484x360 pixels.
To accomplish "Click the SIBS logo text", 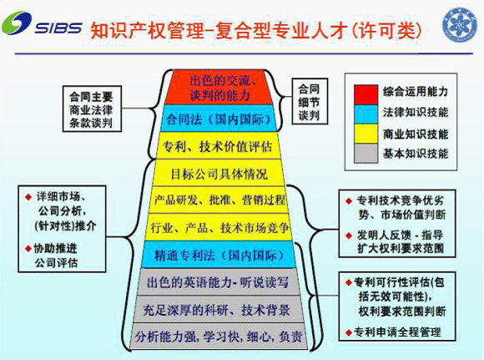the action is (58, 28).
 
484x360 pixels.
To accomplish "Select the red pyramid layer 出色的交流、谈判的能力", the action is (219, 88).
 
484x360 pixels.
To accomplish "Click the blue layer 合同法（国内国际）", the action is (219, 119).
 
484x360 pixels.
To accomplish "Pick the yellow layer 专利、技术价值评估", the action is (218, 146).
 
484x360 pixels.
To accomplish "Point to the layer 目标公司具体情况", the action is (219, 174).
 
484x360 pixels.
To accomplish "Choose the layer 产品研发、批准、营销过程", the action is (219, 200).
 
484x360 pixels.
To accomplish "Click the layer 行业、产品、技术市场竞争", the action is (219, 227).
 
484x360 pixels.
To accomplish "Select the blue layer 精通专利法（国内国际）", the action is (219, 255).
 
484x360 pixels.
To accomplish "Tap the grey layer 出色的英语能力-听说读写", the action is (219, 281).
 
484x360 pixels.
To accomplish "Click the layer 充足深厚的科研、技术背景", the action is (219, 309).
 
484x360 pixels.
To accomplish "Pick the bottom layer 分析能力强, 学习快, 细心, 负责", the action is (219, 337).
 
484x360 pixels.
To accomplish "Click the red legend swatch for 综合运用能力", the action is (366, 94).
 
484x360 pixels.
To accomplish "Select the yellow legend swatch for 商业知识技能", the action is (366, 134).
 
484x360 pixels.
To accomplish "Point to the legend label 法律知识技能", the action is (416, 112).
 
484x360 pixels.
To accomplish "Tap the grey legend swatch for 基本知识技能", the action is (366, 153).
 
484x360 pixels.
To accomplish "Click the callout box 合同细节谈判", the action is (310, 101).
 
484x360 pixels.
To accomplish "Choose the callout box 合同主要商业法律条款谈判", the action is (92, 109).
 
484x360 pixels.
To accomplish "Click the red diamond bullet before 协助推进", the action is (28, 248).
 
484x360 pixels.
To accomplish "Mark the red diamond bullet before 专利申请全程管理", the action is (349, 332).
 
